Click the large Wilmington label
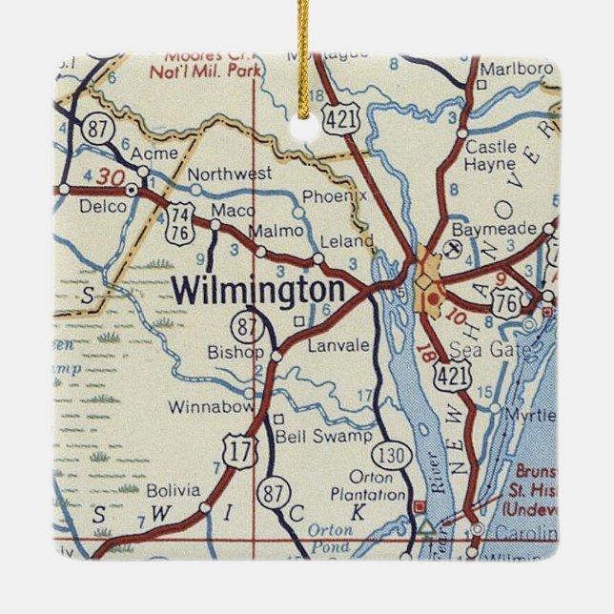(x=258, y=290)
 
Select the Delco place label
(x=102, y=206)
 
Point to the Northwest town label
(x=229, y=174)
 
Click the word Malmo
(x=275, y=232)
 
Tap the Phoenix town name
(x=334, y=196)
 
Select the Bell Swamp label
(x=310, y=437)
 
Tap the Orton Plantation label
(x=367, y=486)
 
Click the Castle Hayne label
(x=491, y=154)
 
